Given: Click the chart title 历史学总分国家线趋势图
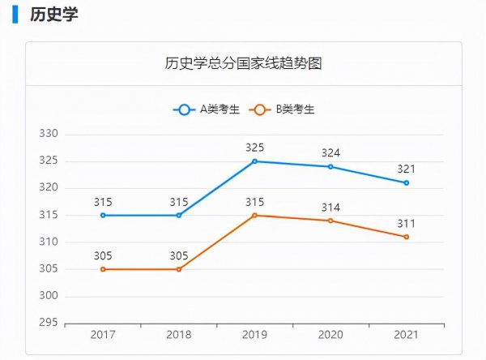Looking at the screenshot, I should [x=243, y=64].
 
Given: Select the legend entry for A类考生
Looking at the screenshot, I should [x=207, y=109].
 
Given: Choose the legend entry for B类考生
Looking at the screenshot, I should [x=283, y=109].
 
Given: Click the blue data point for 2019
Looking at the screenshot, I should [x=254, y=161].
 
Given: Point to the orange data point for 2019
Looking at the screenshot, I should [x=254, y=215].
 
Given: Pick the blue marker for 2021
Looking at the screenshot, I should [x=407, y=182].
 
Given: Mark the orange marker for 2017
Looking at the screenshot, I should [x=103, y=269].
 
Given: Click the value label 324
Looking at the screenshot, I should [x=330, y=152].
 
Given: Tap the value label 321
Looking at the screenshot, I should [x=407, y=169].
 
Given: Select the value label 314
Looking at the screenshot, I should [x=330, y=207].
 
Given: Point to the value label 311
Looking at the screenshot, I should [x=407, y=223].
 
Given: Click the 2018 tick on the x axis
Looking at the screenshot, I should [x=179, y=335].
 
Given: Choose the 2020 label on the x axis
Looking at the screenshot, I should [x=330, y=335].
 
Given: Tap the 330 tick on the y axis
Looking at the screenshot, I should [x=48, y=134].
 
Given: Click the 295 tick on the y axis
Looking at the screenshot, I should [x=48, y=323].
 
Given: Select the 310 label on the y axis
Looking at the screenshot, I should [x=48, y=242].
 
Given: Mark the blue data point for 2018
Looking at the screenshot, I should [x=179, y=215].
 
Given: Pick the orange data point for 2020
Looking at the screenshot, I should [x=330, y=221].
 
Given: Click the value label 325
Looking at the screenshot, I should [x=254, y=148].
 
